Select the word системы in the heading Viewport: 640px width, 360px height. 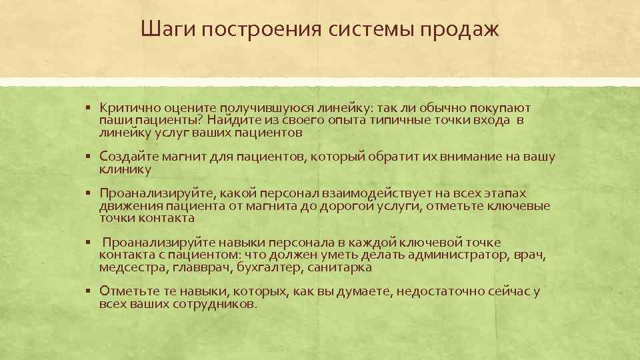371,30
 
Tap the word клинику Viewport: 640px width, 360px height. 125,169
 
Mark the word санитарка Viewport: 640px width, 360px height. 339,267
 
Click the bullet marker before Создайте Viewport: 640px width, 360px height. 88,157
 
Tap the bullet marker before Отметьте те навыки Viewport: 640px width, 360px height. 88,291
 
